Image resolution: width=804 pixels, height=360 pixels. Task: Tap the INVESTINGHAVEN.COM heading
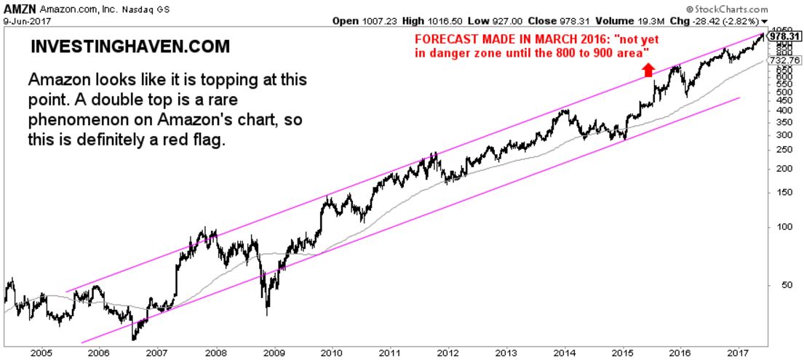(131, 47)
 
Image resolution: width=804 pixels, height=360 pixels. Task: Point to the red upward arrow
(648, 69)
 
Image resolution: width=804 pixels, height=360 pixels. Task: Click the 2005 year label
(40, 353)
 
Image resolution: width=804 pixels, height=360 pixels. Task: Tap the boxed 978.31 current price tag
(787, 35)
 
